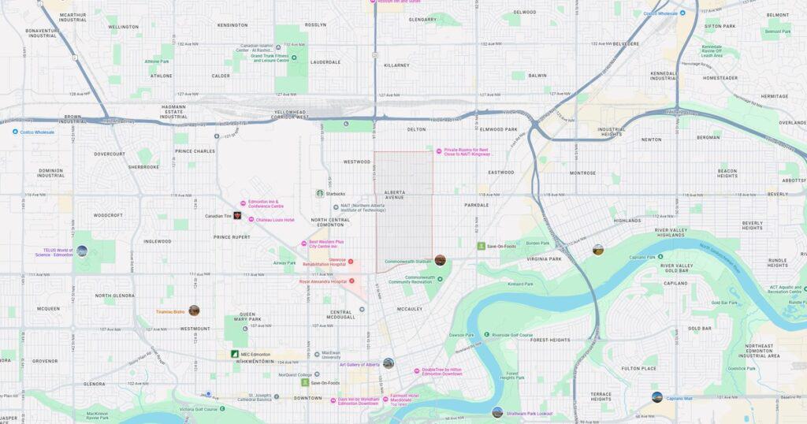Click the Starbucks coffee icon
tap(320, 193)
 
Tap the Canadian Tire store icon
tap(237, 215)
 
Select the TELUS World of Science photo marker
tap(82, 251)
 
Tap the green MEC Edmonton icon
tap(235, 355)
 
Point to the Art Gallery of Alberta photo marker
tap(388, 363)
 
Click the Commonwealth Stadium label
tap(408, 262)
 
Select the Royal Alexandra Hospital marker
tap(351, 281)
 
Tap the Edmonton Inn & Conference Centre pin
tap(244, 203)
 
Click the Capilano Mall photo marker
tap(656, 397)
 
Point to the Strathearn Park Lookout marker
tap(497, 411)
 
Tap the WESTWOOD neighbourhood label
tap(357, 162)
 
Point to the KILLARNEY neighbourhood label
tap(396, 65)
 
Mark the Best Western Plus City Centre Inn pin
tap(303, 244)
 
